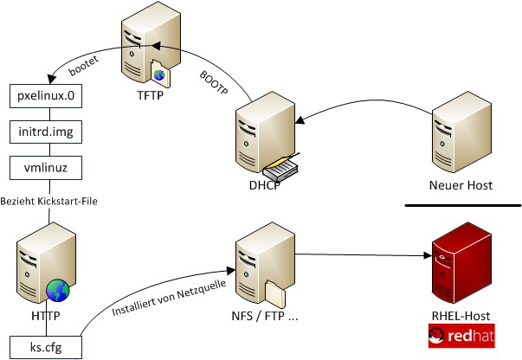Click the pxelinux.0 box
coord(44,96)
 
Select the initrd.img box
coord(44,132)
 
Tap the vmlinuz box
coord(44,166)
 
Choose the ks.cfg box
coord(44,348)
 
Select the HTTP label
coord(44,317)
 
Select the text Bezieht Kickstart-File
coord(49,201)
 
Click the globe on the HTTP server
coord(57,288)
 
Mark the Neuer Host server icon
coord(461,135)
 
